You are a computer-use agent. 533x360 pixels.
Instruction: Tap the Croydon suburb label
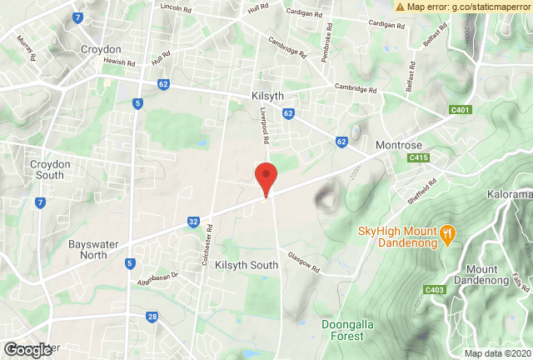pos(101,50)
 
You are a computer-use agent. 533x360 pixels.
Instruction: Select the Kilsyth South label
pos(247,265)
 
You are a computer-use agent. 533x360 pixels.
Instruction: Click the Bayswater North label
pos(87,251)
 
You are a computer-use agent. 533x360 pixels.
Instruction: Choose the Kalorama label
pos(508,195)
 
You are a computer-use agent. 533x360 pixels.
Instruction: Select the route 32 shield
pos(193,222)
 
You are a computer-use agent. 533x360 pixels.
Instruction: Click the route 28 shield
pos(152,317)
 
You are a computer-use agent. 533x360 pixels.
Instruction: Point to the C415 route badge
pos(418,157)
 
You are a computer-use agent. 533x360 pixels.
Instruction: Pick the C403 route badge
pos(433,290)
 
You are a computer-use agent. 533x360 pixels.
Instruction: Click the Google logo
pos(27,350)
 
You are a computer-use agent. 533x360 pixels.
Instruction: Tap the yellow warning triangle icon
pos(401,7)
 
